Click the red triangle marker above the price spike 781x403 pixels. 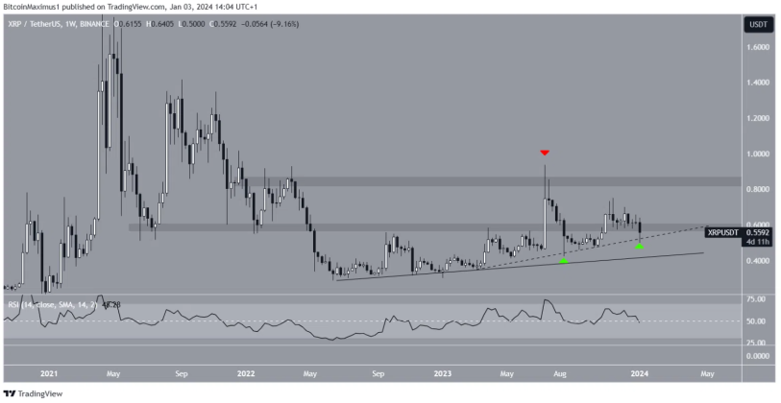tap(545, 153)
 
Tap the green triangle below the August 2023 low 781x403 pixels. tap(564, 260)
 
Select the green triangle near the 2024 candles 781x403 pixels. tap(639, 248)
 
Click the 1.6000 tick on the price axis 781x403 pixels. tap(758, 47)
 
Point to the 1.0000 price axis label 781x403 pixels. tap(758, 154)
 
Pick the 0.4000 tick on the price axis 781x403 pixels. tap(758, 261)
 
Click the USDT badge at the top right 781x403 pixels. tap(757, 25)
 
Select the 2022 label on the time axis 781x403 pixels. tap(245, 373)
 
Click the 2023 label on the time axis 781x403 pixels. tap(442, 373)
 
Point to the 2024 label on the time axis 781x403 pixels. tap(638, 373)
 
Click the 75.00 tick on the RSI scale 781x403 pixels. tap(758, 299)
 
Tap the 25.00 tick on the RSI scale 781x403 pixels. tap(758, 342)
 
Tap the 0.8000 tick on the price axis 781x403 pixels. tap(758, 190)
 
